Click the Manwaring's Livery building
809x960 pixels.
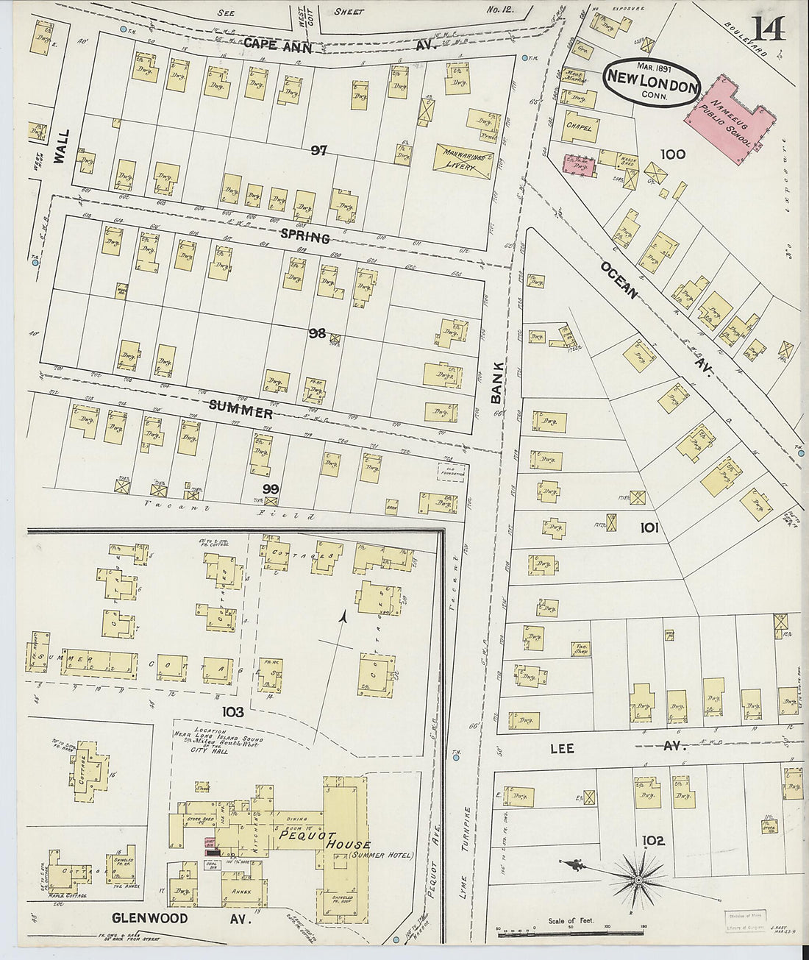[462, 160]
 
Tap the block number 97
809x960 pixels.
[318, 150]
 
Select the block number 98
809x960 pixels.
[317, 333]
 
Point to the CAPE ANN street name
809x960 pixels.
[278, 45]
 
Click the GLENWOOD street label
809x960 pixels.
[150, 918]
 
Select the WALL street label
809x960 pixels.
[62, 149]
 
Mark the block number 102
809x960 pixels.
[652, 840]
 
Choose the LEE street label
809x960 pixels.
[562, 748]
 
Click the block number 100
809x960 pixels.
[672, 154]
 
